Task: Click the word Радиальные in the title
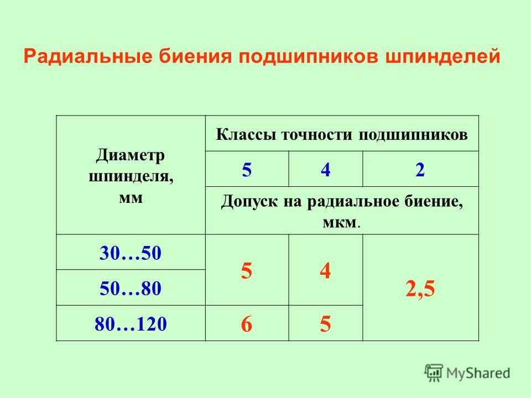coord(88,57)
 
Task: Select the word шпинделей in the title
coord(442,56)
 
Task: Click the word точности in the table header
coord(317,135)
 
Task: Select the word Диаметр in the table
coord(131,156)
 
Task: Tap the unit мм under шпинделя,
coord(131,198)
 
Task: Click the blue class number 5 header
coord(247,169)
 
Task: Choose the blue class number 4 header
coord(325,169)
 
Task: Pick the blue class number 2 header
coord(420,169)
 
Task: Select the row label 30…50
coord(131,253)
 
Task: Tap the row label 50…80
coord(131,289)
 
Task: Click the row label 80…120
coord(131,323)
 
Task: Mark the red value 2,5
coord(420,289)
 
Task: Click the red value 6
coord(247,324)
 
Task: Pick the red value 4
coord(325,271)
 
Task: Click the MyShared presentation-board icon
coord(434,373)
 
